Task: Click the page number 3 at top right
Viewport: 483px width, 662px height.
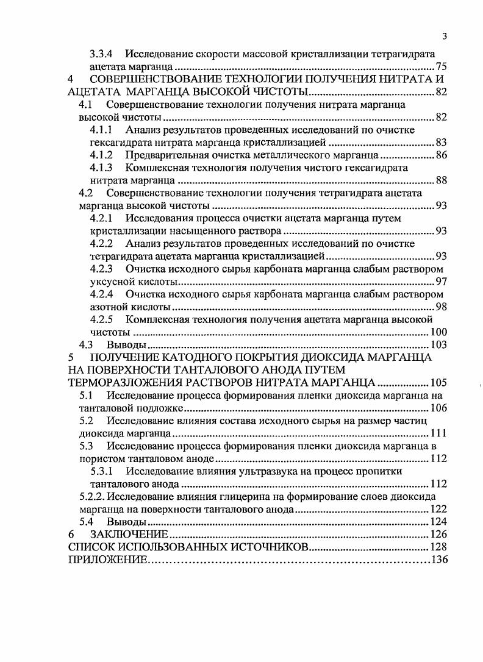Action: click(445, 36)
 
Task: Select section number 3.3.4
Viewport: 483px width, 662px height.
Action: click(102, 54)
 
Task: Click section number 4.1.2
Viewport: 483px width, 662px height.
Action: click(102, 155)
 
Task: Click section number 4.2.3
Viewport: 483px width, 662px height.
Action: click(102, 269)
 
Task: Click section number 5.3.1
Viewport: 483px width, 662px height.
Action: click(102, 471)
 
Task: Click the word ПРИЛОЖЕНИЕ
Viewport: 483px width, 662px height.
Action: click(107, 560)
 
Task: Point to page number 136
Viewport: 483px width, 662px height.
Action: click(440, 560)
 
